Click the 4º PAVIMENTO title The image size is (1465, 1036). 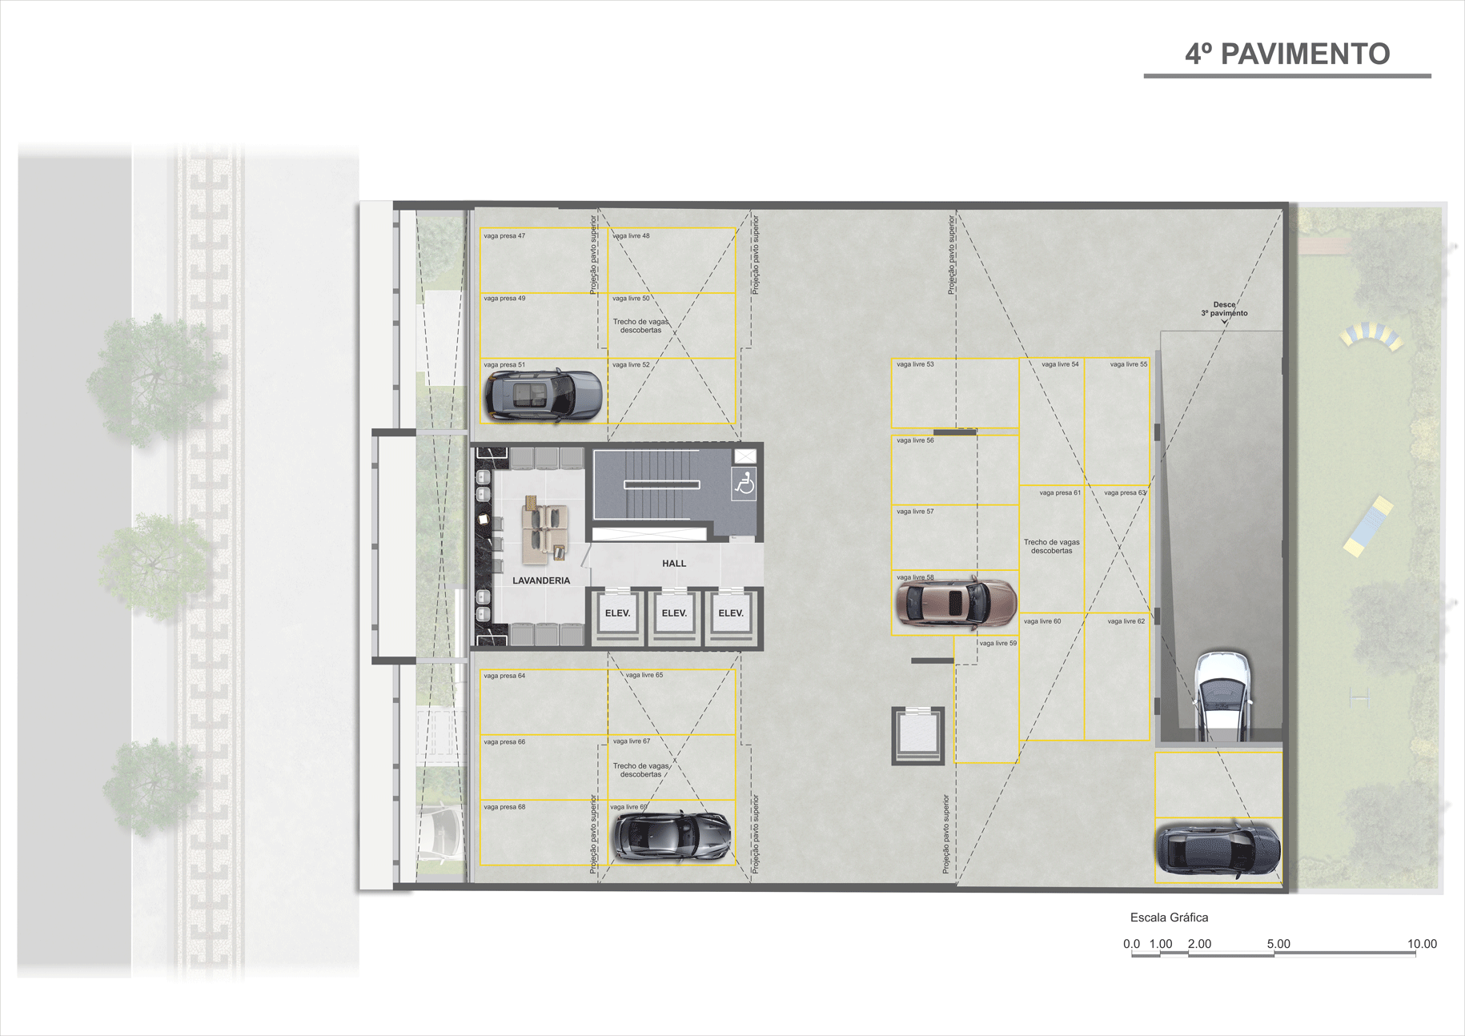tap(1286, 54)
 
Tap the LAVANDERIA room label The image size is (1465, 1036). tap(541, 580)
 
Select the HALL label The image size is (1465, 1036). tap(674, 563)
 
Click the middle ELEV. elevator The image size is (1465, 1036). tap(674, 613)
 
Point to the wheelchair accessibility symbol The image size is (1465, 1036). tap(745, 484)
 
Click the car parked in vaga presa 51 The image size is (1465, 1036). tap(542, 395)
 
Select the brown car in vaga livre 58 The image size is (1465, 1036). tap(955, 602)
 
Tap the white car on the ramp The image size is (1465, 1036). tap(1222, 693)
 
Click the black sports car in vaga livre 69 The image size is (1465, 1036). tap(671, 835)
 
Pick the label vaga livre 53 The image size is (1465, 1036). tap(915, 364)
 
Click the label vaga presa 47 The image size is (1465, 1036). tap(504, 236)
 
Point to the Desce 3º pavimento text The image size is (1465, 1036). tap(1224, 309)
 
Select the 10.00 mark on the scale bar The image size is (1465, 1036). tap(1422, 944)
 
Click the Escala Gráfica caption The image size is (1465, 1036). tap(1169, 918)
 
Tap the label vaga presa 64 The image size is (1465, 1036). tap(504, 676)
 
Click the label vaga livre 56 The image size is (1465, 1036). tap(915, 440)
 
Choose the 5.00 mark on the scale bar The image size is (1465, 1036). tap(1278, 944)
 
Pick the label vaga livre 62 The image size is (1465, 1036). tap(1126, 621)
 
